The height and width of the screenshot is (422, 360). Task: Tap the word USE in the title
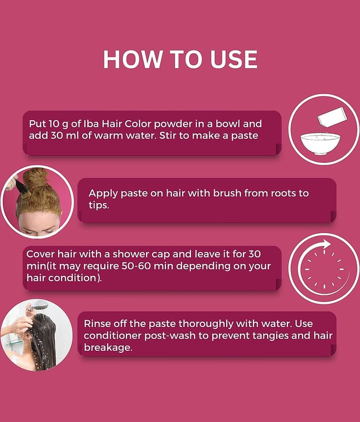234,60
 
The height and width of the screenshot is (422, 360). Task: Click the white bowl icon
320,143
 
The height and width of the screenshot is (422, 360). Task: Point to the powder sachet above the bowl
331,117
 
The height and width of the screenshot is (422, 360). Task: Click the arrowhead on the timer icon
326,244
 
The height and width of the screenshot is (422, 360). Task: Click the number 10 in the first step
54,124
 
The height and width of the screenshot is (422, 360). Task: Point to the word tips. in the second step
99,205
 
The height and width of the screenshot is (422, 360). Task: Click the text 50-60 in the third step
135,266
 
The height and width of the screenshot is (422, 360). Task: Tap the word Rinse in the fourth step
97,323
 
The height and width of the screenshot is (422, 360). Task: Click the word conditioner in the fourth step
113,335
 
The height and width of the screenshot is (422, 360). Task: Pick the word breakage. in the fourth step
108,347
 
